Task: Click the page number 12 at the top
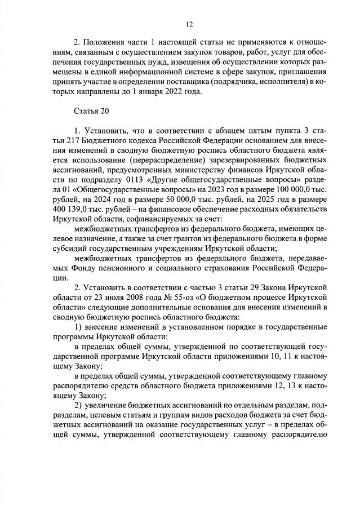coord(189,24)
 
